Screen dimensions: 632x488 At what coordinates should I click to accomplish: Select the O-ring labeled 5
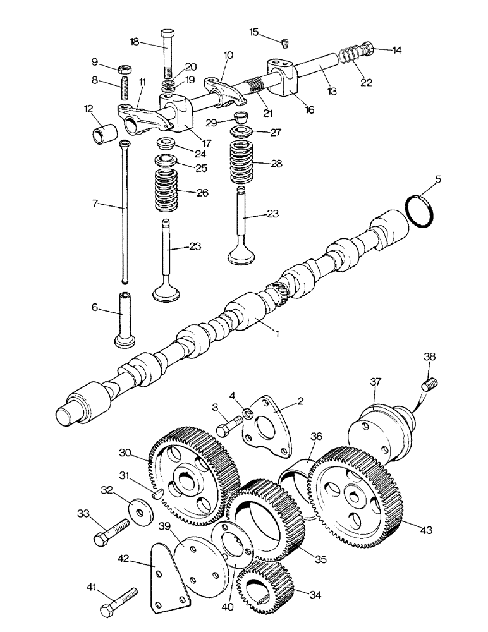pyautogui.click(x=419, y=210)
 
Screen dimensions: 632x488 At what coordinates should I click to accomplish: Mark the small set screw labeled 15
pyautogui.click(x=285, y=43)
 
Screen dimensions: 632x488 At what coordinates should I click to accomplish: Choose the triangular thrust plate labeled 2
pyautogui.click(x=269, y=426)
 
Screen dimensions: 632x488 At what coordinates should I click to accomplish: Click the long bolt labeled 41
pyautogui.click(x=119, y=604)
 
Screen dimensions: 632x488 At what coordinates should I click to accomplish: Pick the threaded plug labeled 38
pyautogui.click(x=429, y=384)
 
